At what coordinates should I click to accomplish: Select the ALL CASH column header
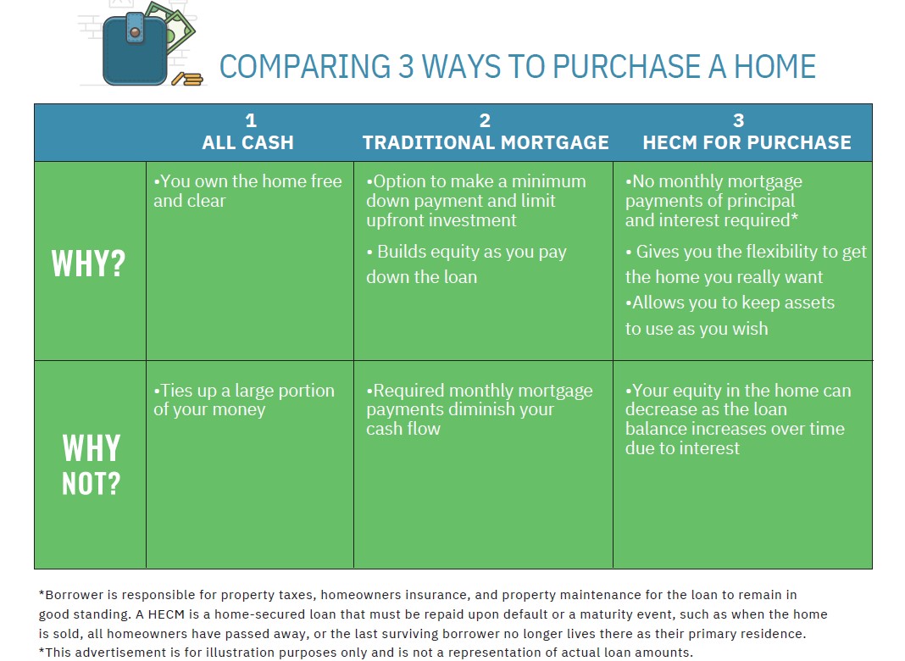(x=248, y=133)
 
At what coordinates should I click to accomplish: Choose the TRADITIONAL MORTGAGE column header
(x=486, y=133)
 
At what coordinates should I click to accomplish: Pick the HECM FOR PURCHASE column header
(x=747, y=133)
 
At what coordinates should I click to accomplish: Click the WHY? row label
(x=88, y=264)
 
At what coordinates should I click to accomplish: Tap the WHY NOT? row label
(x=91, y=464)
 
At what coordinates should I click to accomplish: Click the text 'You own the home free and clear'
(x=247, y=191)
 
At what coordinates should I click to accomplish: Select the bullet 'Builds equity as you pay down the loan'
(x=466, y=264)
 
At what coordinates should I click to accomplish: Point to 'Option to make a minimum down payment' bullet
(x=475, y=201)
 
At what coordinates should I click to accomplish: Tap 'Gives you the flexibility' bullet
(x=746, y=264)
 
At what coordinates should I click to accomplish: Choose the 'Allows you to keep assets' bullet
(x=730, y=315)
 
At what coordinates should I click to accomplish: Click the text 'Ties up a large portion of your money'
(x=244, y=400)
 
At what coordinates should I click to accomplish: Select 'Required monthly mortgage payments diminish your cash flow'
(x=479, y=409)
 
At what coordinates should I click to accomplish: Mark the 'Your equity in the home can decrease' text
(x=737, y=419)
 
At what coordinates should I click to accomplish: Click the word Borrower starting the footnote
(x=72, y=595)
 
